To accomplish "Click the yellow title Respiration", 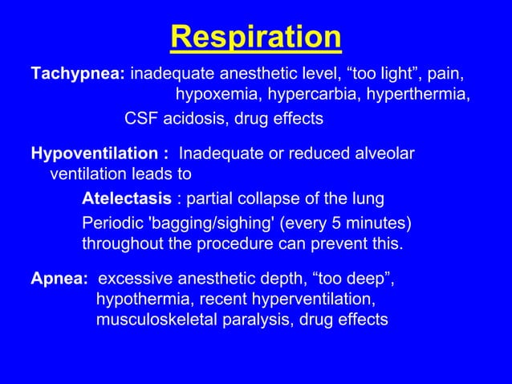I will (x=256, y=37).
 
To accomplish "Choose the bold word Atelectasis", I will (x=126, y=198).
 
